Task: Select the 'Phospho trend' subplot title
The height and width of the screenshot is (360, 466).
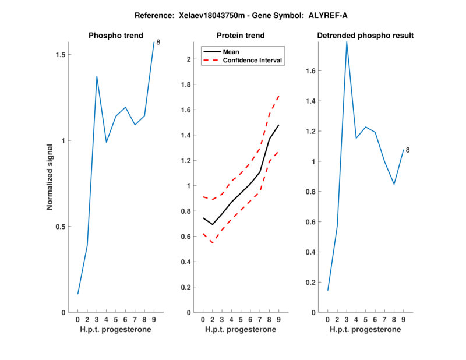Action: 115,36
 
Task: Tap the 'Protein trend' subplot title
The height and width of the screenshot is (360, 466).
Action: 241,36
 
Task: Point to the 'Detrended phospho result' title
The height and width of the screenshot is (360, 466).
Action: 365,36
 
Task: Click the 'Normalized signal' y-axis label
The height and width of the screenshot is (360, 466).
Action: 50,177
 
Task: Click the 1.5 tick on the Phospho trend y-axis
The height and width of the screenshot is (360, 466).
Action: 58,55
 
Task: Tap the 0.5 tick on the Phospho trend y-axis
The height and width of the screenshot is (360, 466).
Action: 58,227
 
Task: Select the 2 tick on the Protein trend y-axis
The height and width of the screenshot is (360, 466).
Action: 189,59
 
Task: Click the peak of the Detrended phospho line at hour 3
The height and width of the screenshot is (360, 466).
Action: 347,42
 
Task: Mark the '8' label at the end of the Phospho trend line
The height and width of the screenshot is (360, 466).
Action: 158,43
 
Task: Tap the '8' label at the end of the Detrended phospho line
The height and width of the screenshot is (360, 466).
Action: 408,150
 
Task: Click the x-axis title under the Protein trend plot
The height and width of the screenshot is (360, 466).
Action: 241,330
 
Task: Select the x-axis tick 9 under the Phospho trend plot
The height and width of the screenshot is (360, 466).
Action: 154,320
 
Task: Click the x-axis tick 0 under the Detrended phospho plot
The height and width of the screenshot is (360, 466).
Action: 328,320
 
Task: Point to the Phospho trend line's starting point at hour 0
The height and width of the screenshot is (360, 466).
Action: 78,294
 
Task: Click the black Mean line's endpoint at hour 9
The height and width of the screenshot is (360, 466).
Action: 279,125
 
